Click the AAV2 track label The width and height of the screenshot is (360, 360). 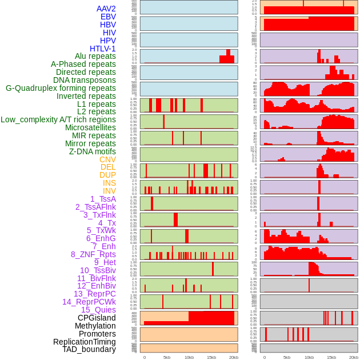pos(106,9)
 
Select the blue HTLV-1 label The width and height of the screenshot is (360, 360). pos(102,49)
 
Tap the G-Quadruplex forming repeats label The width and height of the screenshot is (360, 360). pos(61,89)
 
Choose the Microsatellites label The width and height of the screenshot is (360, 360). pos(90,128)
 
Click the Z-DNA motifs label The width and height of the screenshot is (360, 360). pos(92,152)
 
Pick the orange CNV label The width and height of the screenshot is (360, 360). pos(107,159)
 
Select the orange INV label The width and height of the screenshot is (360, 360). pos(109,191)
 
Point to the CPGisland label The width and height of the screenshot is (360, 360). pos(97,318)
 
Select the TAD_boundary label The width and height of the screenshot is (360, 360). pos(89,349)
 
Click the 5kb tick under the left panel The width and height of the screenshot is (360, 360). pos(167,357)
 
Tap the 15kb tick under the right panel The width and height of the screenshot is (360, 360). pos(331,357)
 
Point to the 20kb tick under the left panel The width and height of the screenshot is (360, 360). pos(233,357)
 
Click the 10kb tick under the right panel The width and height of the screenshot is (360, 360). pos(309,357)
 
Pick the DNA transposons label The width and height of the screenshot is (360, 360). pos(84,81)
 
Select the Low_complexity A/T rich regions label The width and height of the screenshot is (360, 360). pos(58,119)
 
